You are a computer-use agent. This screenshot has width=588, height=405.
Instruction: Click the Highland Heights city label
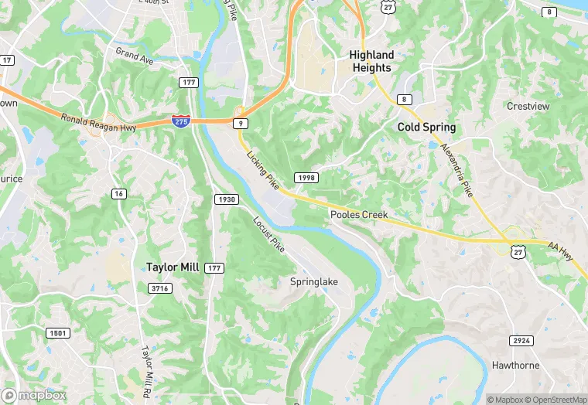click(x=371, y=61)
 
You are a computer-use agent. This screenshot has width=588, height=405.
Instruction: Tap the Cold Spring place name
click(x=426, y=127)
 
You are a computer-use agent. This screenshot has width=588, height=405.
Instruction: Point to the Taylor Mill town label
click(x=173, y=267)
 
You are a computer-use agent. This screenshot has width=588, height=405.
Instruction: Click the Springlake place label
click(x=314, y=282)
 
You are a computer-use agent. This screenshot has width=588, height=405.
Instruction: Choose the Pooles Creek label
click(x=358, y=214)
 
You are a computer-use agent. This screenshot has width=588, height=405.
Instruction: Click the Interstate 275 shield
click(x=179, y=121)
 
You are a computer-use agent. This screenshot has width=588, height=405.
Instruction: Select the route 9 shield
click(x=241, y=123)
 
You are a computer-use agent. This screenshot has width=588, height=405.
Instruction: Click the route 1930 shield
click(x=225, y=199)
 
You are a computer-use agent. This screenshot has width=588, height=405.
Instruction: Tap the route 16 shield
click(x=118, y=193)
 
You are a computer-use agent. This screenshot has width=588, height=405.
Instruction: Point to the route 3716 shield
click(x=159, y=288)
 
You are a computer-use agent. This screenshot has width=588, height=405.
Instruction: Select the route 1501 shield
click(x=56, y=333)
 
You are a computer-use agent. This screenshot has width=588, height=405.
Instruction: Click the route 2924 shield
click(x=521, y=340)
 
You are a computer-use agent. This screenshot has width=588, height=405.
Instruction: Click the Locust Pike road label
click(x=268, y=234)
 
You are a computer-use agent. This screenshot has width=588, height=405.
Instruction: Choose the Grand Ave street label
click(x=134, y=56)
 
